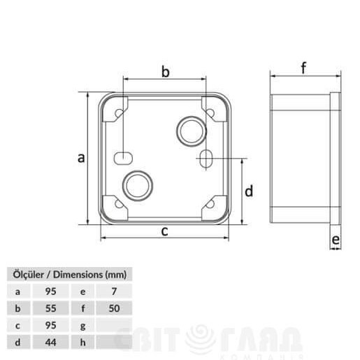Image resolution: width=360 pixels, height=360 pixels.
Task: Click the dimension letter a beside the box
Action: (x=81, y=158)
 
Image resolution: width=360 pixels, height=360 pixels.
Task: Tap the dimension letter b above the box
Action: (x=166, y=71)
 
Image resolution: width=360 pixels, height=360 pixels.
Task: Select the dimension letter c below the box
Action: (x=164, y=231)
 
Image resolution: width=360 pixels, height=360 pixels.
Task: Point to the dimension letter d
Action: (x=248, y=191)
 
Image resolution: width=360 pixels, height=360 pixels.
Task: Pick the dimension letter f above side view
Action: (x=303, y=68)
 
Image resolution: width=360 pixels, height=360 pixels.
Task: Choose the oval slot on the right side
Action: (x=204, y=159)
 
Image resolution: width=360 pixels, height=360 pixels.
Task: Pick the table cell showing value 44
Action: (x=50, y=342)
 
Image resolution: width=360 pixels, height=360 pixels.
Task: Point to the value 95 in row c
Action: (x=50, y=325)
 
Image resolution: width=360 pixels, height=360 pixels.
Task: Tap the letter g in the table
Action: (x=83, y=325)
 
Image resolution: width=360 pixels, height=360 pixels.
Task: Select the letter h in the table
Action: (x=83, y=342)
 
